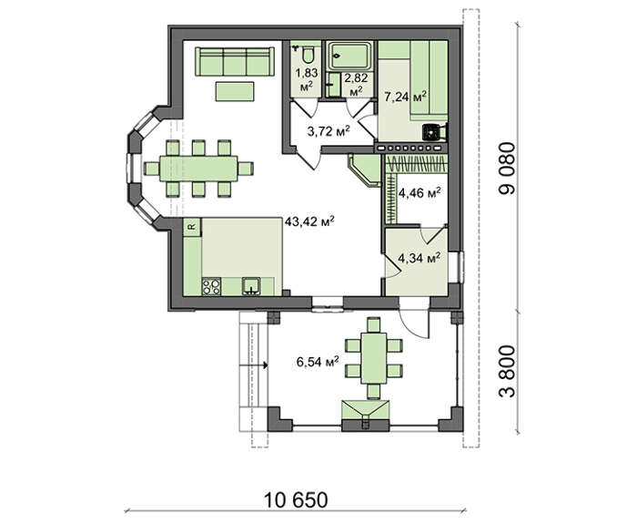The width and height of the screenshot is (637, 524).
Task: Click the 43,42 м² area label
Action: pyautogui.click(x=309, y=221)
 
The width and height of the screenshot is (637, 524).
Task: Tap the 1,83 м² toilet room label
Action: pyautogui.click(x=307, y=80)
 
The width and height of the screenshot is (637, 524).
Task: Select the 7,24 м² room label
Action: pyautogui.click(x=406, y=97)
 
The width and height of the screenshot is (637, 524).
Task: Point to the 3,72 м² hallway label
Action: pyautogui.click(x=329, y=131)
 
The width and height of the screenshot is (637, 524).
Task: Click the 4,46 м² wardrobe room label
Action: pyautogui.click(x=420, y=193)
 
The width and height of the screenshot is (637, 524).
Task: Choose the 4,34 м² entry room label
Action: pyautogui.click(x=420, y=258)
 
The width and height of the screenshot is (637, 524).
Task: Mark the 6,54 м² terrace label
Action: pyautogui.click(x=318, y=362)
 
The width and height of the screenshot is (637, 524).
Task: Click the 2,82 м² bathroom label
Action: pyautogui.click(x=356, y=84)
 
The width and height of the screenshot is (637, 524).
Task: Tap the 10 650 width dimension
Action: pyautogui.click(x=296, y=500)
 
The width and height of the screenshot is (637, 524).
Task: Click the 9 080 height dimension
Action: pyautogui.click(x=508, y=168)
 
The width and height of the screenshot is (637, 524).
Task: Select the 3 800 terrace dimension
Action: pyautogui.click(x=508, y=371)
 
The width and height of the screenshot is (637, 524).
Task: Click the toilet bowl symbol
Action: pyautogui.click(x=308, y=56)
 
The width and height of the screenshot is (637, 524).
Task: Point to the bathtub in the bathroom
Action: pyautogui.click(x=350, y=56)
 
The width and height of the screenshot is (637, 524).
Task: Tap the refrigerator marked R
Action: pyautogui.click(x=193, y=227)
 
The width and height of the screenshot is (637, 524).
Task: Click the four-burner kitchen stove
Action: pyautogui.click(x=211, y=286)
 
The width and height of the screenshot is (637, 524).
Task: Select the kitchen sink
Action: pyautogui.click(x=251, y=286)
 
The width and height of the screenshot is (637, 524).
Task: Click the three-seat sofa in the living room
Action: pyautogui.click(x=235, y=61)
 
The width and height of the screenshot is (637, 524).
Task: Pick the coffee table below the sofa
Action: pyautogui.click(x=235, y=91)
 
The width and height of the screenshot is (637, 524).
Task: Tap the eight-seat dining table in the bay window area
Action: pyautogui.click(x=198, y=169)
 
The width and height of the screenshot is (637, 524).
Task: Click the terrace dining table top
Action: pyautogui.click(x=374, y=358)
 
